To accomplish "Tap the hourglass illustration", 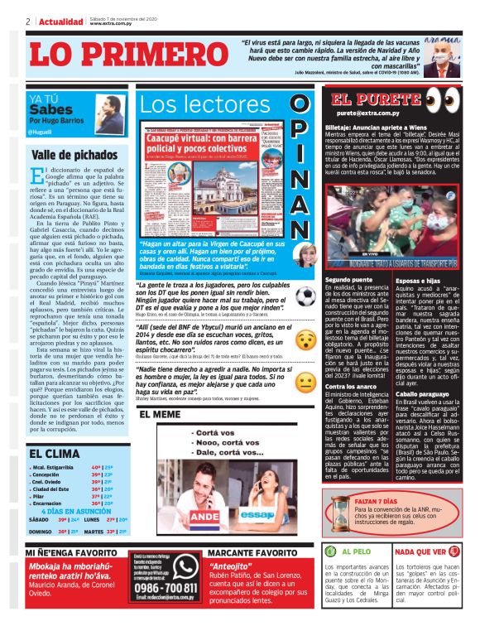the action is pyautogui.click(x=341, y=513).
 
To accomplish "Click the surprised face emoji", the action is pyautogui.click(x=305, y=338).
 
